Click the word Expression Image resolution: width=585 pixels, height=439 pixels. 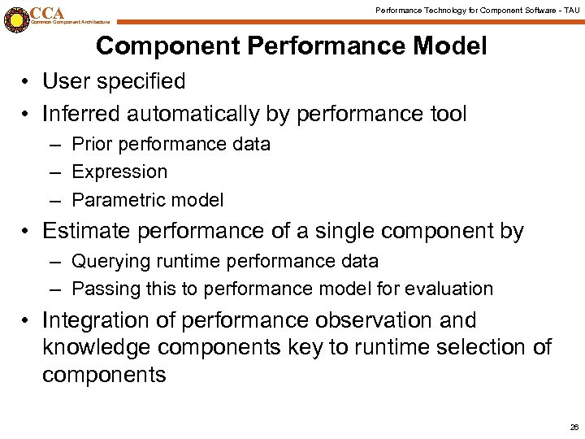(119, 172)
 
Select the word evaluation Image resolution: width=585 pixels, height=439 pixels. (453, 289)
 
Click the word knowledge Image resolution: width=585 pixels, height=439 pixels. (97, 348)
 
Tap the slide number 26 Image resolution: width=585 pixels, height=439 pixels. (574, 427)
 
